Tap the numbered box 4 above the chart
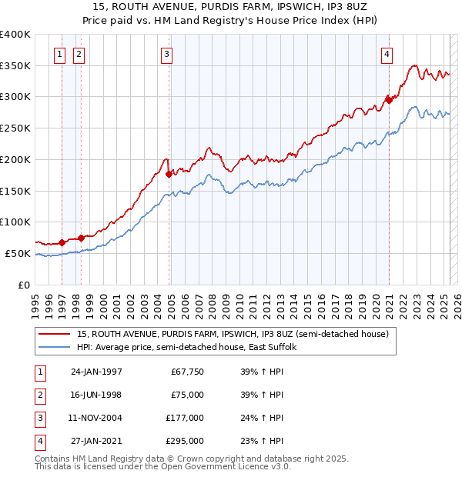[x=387, y=54]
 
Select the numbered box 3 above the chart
[x=167, y=54]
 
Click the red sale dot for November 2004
[x=169, y=174]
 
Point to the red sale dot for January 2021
[x=390, y=99]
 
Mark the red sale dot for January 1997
[x=62, y=242]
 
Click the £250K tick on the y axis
[x=15, y=128]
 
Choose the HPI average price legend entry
[x=191, y=348]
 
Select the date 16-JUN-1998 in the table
[x=96, y=394]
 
